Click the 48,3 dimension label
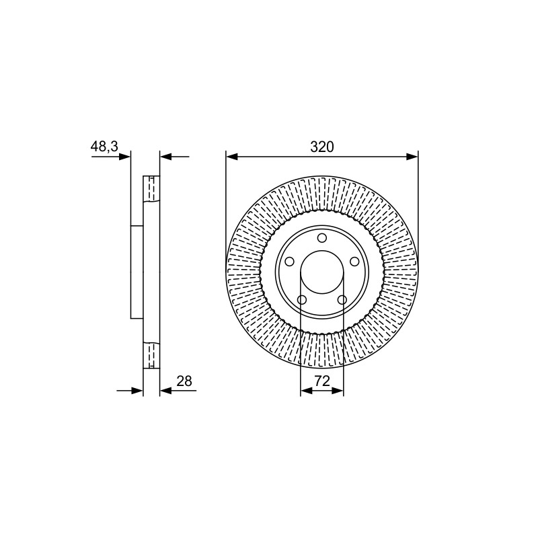tap(104, 147)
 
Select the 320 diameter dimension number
tap(322, 147)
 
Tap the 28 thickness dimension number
tap(184, 381)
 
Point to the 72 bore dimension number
tap(322, 381)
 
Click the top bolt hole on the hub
tap(322, 238)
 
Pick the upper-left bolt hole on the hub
tap(290, 262)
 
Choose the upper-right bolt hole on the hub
tap(354, 262)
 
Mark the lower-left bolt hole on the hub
tap(302, 300)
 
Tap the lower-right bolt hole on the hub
tap(342, 300)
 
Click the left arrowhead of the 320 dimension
tap(232, 157)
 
